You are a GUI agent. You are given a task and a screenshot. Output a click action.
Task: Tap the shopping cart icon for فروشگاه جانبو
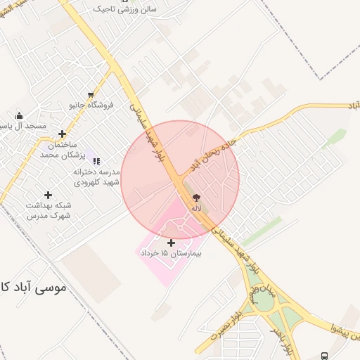click(x=91, y=94)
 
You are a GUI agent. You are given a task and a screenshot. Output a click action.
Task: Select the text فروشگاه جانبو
click(x=91, y=105)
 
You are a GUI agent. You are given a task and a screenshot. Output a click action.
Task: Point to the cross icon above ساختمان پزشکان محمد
click(x=63, y=134)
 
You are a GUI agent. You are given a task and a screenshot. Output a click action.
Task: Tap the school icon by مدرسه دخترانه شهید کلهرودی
click(x=96, y=161)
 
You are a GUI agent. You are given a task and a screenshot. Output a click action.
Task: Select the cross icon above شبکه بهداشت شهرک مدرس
click(x=48, y=195)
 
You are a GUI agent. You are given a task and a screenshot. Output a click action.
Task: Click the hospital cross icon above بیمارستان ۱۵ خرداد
click(x=172, y=242)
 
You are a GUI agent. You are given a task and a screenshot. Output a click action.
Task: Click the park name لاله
click(x=195, y=209)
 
